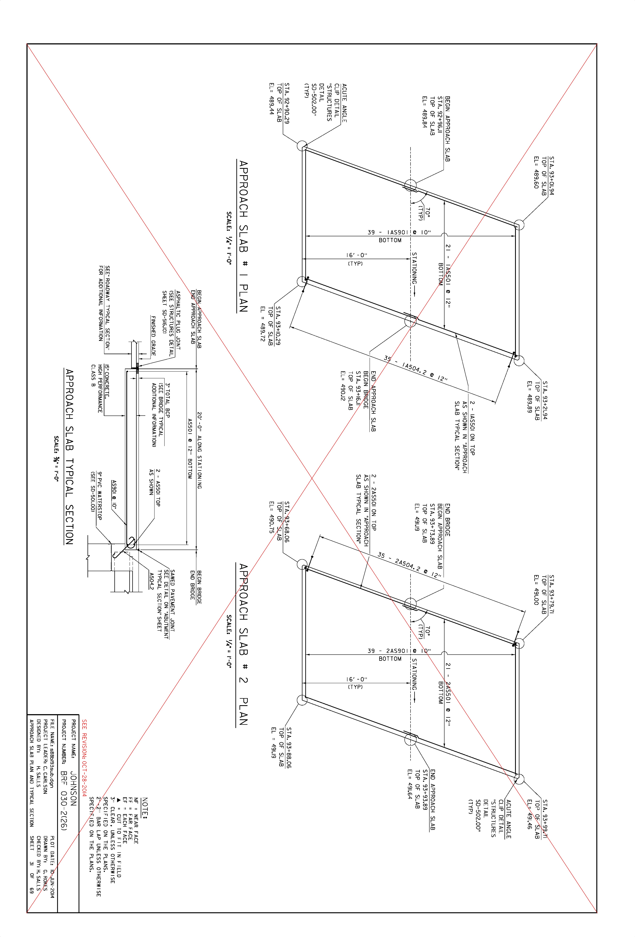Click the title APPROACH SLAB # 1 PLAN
243,236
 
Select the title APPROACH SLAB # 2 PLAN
243,644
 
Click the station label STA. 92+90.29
287,103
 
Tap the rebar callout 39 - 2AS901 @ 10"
399,651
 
